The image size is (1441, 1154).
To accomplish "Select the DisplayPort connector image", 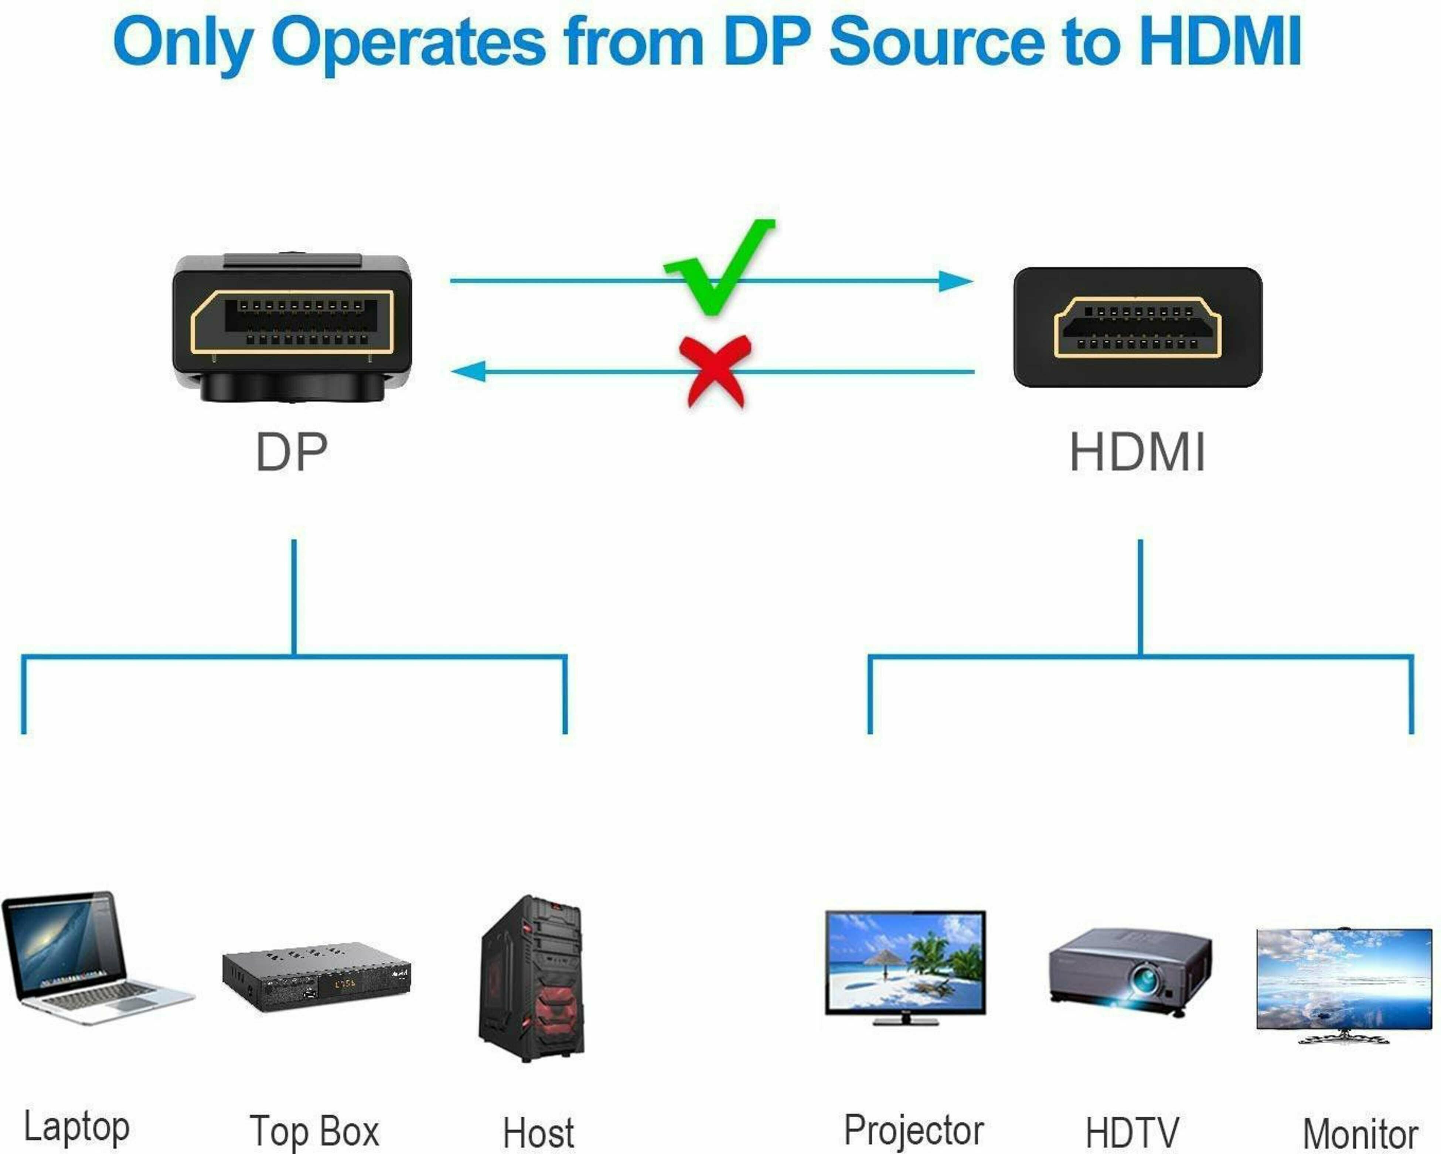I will pyautogui.click(x=292, y=328).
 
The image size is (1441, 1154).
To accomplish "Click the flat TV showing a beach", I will pyautogui.click(x=905, y=966).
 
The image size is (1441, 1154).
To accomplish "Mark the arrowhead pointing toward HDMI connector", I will pyautogui.click(x=956, y=281).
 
